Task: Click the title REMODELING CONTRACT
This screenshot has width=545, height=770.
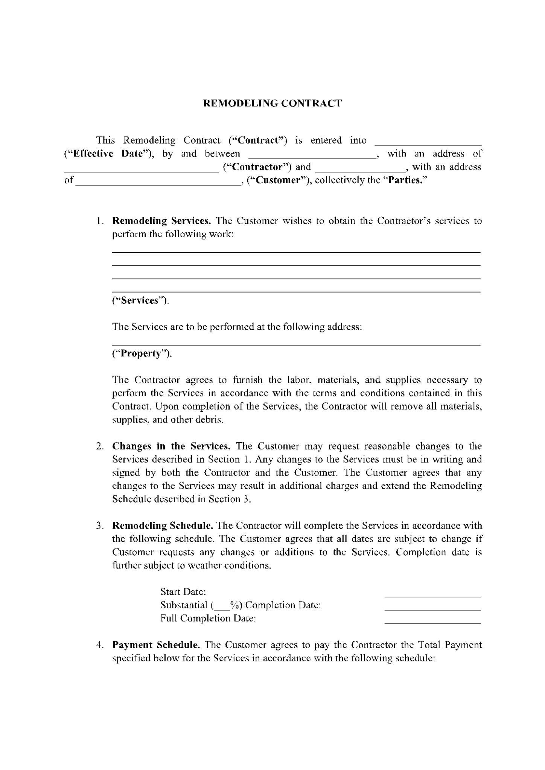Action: [272, 103]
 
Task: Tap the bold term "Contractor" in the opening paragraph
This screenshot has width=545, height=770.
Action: [257, 167]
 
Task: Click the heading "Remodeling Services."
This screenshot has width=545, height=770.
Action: [161, 221]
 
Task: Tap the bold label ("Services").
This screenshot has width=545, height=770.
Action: [140, 300]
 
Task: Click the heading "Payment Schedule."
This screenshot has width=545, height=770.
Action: [156, 645]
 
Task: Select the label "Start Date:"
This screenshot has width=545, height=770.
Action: [183, 592]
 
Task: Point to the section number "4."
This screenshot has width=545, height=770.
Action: [100, 645]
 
